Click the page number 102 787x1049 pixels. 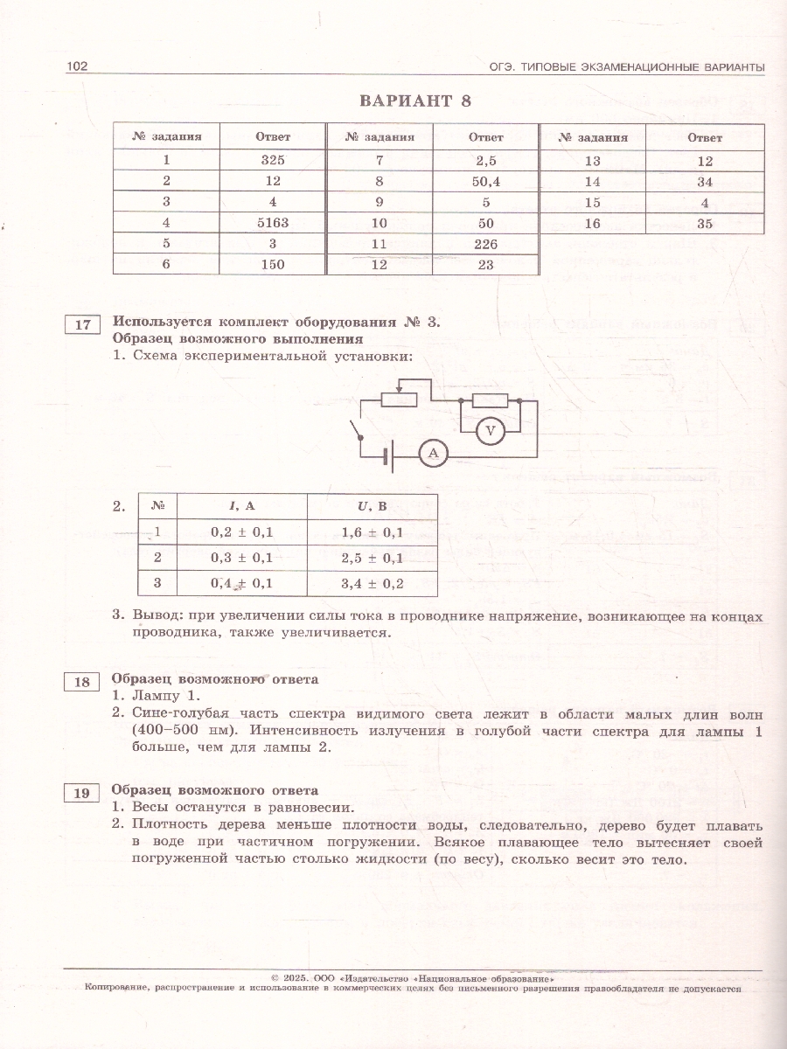point(78,67)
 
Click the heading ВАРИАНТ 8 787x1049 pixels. point(415,101)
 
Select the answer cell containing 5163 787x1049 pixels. point(273,223)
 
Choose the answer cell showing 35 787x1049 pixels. point(705,223)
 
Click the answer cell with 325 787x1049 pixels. point(273,161)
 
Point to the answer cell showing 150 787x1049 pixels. point(273,265)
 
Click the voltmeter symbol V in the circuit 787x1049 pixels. point(491,430)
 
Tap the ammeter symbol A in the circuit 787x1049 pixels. point(432,453)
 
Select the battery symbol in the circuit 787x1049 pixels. point(390,454)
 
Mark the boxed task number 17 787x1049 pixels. point(82,326)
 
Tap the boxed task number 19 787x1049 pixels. point(82,794)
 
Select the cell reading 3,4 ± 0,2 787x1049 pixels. point(372,583)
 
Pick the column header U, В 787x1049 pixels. point(372,506)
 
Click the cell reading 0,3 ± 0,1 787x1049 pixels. point(242,558)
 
